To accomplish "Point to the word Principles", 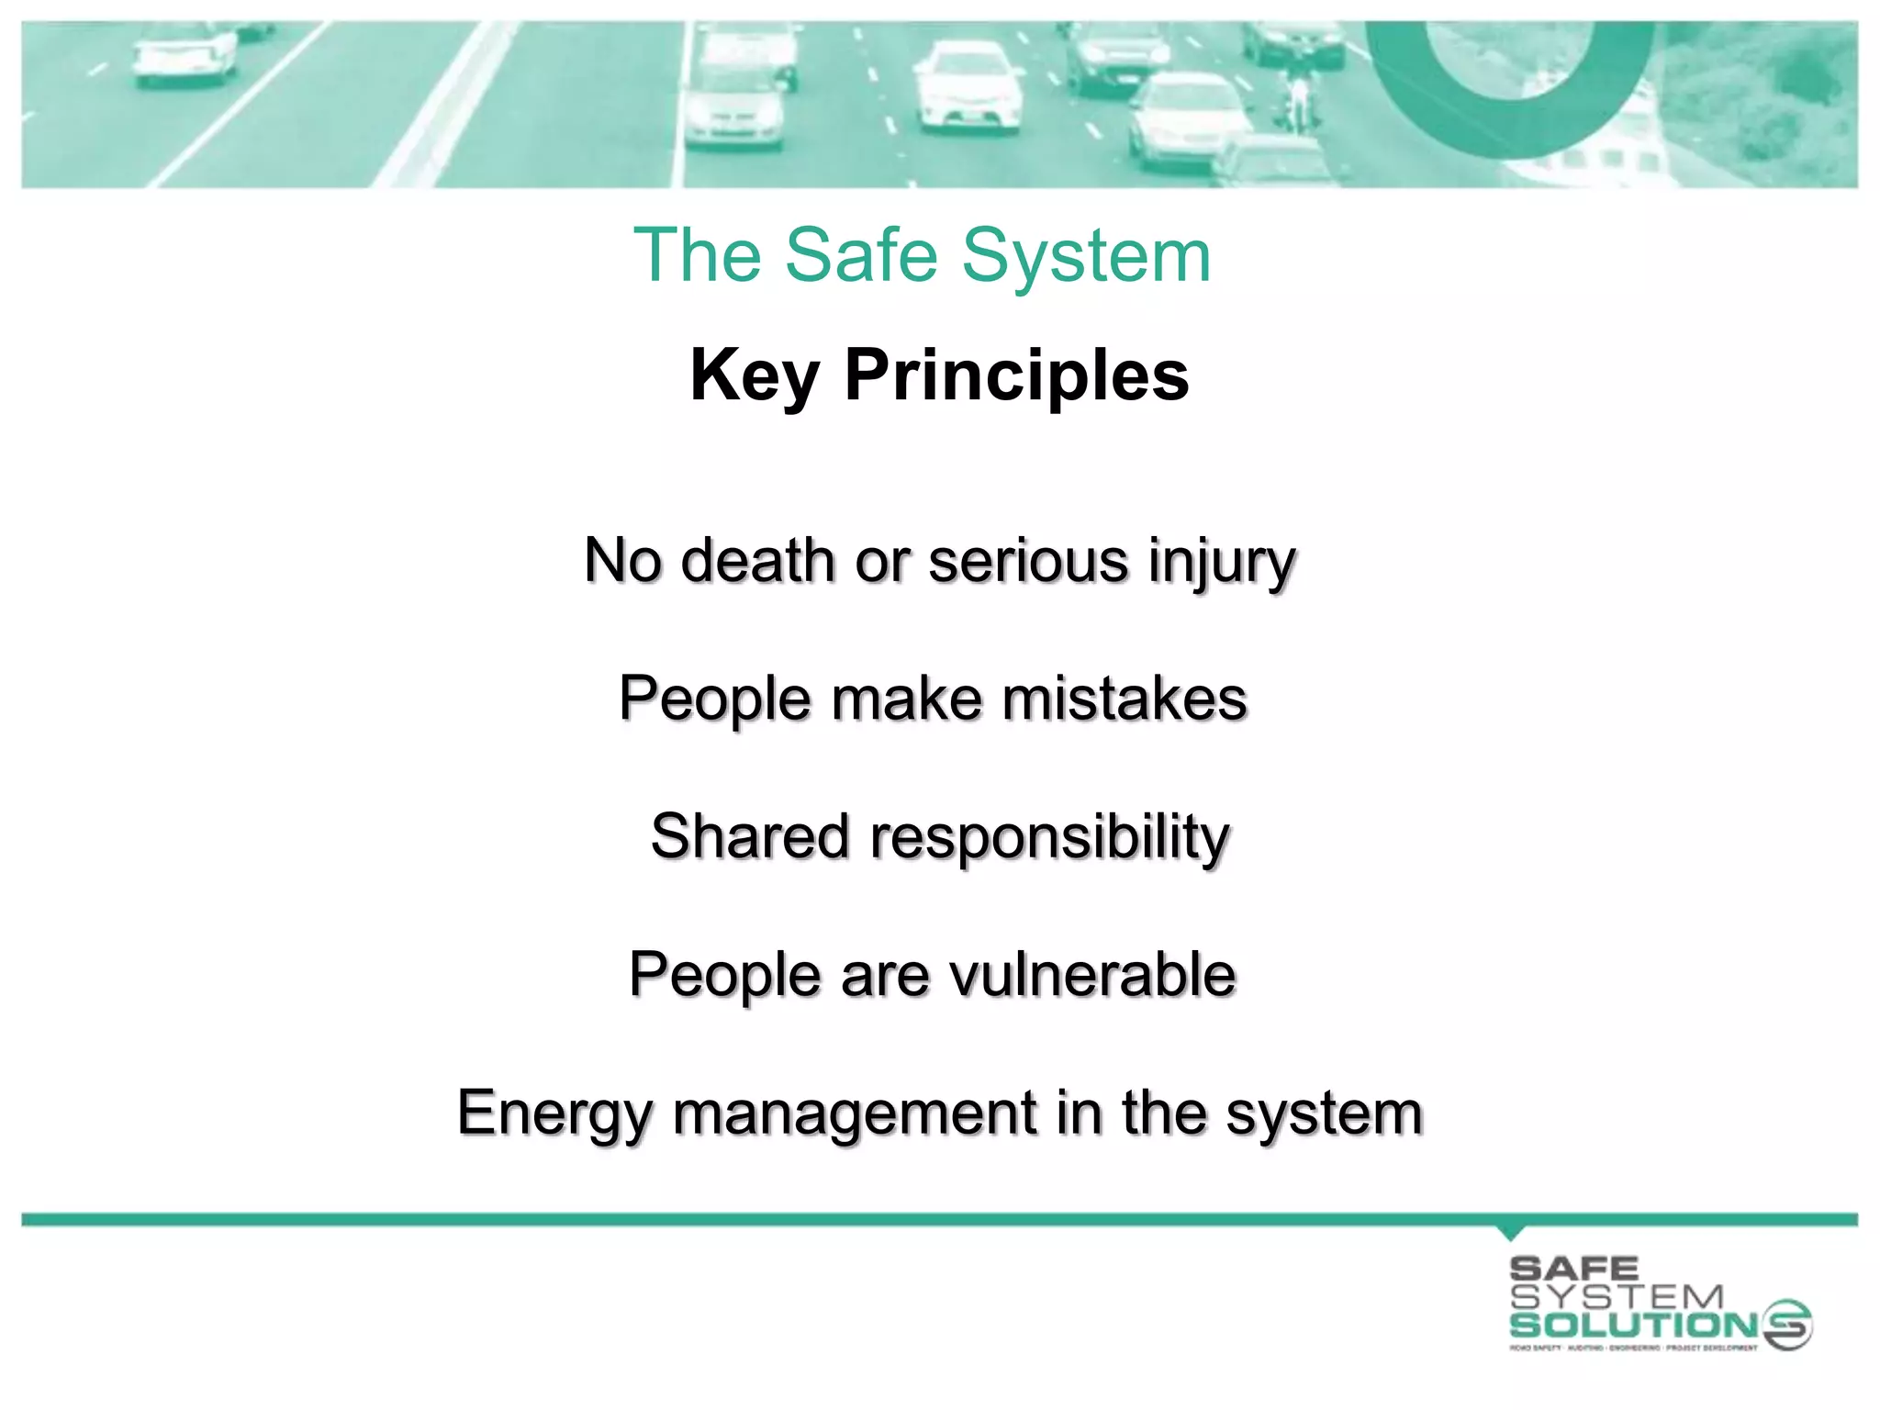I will [x=1016, y=376].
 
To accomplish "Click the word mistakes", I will [x=1125, y=699].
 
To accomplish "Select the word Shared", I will [x=749, y=836].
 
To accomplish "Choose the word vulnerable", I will [x=1092, y=974].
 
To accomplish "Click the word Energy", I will [x=554, y=1114].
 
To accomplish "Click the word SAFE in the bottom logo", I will [x=1573, y=1270].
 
